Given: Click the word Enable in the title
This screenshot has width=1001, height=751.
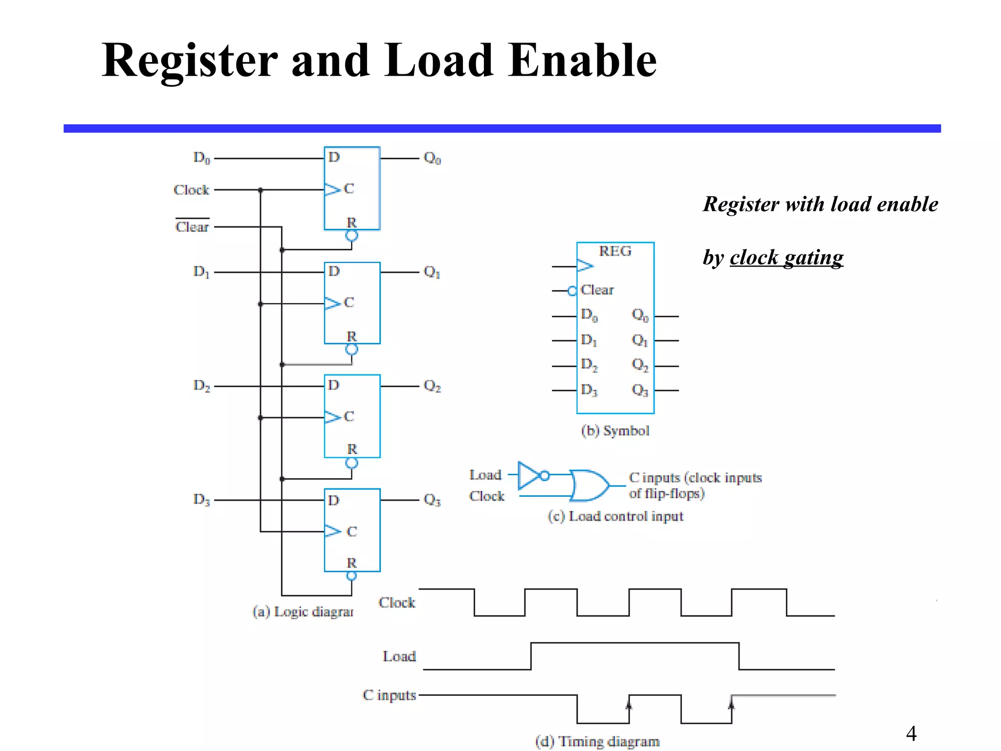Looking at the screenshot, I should [582, 61].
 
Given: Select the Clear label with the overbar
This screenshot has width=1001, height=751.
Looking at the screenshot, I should [192, 226].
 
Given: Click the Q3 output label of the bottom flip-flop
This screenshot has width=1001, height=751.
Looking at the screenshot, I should [432, 500].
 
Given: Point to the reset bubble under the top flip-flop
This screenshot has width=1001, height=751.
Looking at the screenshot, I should [351, 236].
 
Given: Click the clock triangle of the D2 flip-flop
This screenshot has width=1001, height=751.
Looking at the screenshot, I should [332, 417].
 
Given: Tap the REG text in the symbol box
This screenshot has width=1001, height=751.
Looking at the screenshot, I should [615, 251].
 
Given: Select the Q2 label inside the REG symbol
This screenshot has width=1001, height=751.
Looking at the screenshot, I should [640, 365].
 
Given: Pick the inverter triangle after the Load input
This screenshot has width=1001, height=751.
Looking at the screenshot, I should [529, 475].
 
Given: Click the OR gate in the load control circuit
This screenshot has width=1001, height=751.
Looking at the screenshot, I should [589, 486].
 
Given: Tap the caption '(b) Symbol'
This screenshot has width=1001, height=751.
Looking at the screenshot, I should [615, 431].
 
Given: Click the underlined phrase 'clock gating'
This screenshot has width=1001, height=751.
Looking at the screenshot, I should [786, 258].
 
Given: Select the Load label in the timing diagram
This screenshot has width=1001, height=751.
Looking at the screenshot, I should [399, 656].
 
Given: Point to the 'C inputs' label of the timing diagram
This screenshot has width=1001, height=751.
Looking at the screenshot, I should [389, 695].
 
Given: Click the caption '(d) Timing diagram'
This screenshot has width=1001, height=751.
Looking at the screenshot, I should [597, 741].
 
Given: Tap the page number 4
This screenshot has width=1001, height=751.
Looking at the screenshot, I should [911, 733].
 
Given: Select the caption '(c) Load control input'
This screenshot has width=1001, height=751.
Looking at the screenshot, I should [615, 516].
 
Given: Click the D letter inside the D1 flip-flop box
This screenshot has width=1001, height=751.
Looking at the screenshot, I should [334, 271].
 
